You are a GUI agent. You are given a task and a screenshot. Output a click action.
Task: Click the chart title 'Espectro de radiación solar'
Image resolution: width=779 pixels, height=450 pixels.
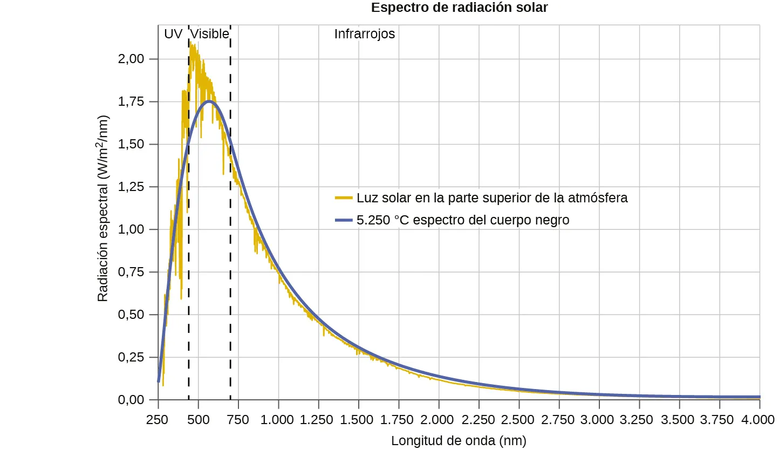pyautogui.click(x=459, y=8)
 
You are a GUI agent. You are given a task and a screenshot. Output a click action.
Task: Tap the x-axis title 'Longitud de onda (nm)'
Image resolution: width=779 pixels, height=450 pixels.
pyautogui.click(x=458, y=440)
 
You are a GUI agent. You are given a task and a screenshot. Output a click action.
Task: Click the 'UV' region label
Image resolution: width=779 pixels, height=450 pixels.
pyautogui.click(x=173, y=34)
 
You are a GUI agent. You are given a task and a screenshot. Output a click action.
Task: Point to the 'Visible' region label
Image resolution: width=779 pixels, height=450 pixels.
pyautogui.click(x=210, y=34)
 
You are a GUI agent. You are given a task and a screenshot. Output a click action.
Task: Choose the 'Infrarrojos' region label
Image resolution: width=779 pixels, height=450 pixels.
pyautogui.click(x=365, y=34)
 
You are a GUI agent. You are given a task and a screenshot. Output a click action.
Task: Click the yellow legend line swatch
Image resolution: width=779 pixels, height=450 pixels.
pyautogui.click(x=344, y=198)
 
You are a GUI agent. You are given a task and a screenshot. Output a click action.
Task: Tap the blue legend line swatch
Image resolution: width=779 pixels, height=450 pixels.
pyautogui.click(x=344, y=220)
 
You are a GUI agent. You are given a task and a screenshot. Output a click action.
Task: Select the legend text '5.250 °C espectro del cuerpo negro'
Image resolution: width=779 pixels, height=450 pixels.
pyautogui.click(x=463, y=220)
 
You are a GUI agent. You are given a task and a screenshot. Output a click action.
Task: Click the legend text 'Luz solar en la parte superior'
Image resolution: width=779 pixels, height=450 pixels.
pyautogui.click(x=492, y=198)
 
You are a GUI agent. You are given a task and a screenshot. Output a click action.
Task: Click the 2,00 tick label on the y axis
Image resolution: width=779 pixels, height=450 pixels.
pyautogui.click(x=131, y=59)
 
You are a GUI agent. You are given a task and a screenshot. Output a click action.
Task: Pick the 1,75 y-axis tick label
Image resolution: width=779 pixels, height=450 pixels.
pyautogui.click(x=131, y=101)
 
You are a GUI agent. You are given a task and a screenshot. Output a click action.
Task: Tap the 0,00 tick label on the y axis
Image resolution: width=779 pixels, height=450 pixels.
pyautogui.click(x=131, y=400)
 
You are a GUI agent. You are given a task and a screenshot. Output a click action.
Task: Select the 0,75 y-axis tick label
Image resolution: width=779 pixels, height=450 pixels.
pyautogui.click(x=131, y=272)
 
